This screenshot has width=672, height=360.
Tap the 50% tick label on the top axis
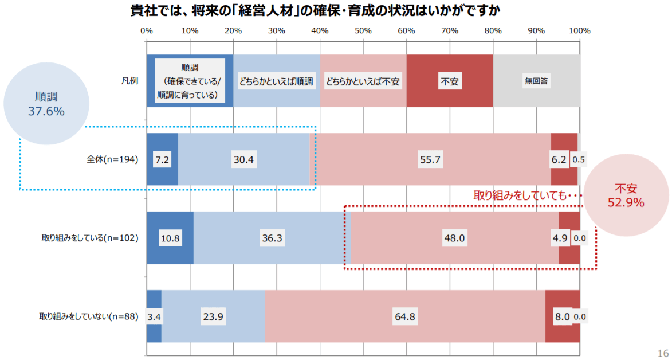point(363,30)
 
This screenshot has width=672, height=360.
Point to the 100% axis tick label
point(579,30)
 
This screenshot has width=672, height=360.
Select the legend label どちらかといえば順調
point(276,81)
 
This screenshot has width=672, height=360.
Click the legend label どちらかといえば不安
point(363,81)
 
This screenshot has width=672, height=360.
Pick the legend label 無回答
point(537,81)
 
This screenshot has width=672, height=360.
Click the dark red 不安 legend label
point(449,81)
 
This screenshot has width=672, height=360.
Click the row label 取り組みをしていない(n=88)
point(89,316)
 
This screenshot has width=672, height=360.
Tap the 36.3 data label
point(272,238)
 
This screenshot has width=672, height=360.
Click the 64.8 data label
point(404,316)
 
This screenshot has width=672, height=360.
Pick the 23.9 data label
point(212,316)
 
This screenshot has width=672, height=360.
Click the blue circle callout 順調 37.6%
point(46,104)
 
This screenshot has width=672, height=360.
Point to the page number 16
point(663,353)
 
